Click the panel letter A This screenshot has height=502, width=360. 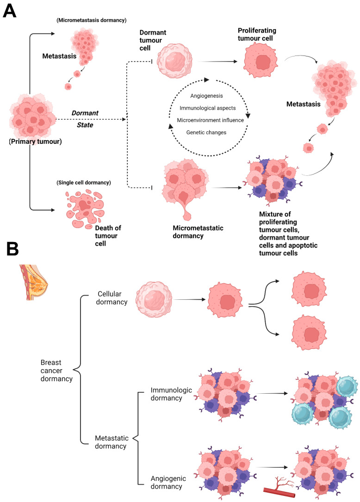[x=10, y=11]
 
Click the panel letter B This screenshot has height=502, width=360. [x=12, y=249]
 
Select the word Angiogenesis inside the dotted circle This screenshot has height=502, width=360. [x=206, y=96]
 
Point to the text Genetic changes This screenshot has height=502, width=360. [x=206, y=132]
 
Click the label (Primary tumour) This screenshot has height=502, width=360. [x=35, y=141]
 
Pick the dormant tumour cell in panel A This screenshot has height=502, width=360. [x=174, y=61]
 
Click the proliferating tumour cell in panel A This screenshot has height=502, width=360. [x=261, y=61]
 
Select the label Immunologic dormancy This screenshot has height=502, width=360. [x=171, y=394]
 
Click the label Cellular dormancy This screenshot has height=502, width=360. [x=112, y=298]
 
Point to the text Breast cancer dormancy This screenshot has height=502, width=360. [x=56, y=371]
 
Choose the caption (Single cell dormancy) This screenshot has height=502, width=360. [x=84, y=182]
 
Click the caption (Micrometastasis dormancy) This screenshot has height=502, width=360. [x=92, y=20]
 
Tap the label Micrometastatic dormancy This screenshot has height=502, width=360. [x=198, y=232]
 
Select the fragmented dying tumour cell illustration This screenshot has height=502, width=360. [x=85, y=209]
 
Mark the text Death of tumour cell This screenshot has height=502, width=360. [x=108, y=236]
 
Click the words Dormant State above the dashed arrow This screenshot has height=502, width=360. [x=85, y=119]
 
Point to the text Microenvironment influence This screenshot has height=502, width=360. [x=211, y=120]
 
